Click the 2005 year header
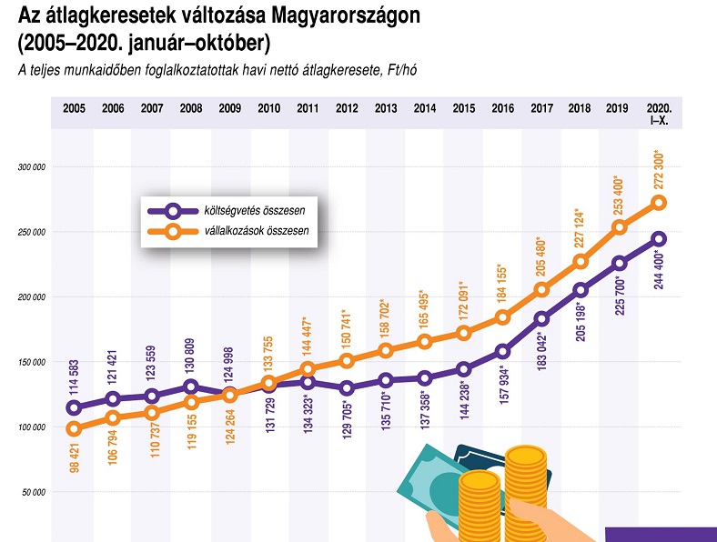[x=74, y=108]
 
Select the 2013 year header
[x=386, y=108]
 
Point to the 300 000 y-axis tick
[x=32, y=167]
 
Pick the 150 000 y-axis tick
[x=32, y=362]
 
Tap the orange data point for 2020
[x=659, y=203]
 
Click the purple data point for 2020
[x=659, y=239]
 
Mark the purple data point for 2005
[x=74, y=407]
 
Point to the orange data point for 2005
[x=74, y=429]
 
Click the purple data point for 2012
[x=347, y=388]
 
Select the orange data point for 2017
[x=541, y=289]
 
